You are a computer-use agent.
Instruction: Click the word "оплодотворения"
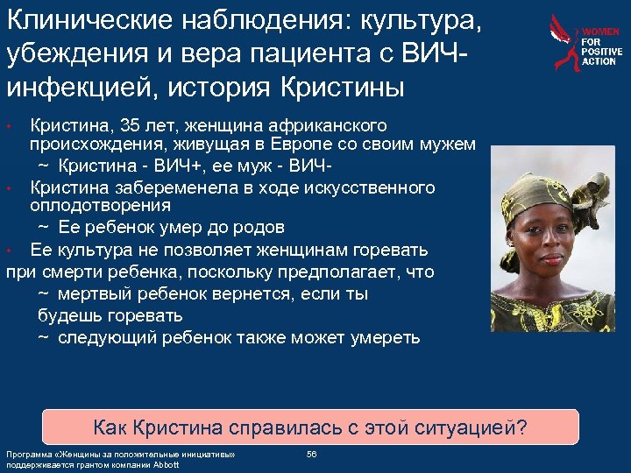pos(100,206)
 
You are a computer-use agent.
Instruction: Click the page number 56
pos(311,454)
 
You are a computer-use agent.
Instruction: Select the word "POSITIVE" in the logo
pos(601,53)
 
